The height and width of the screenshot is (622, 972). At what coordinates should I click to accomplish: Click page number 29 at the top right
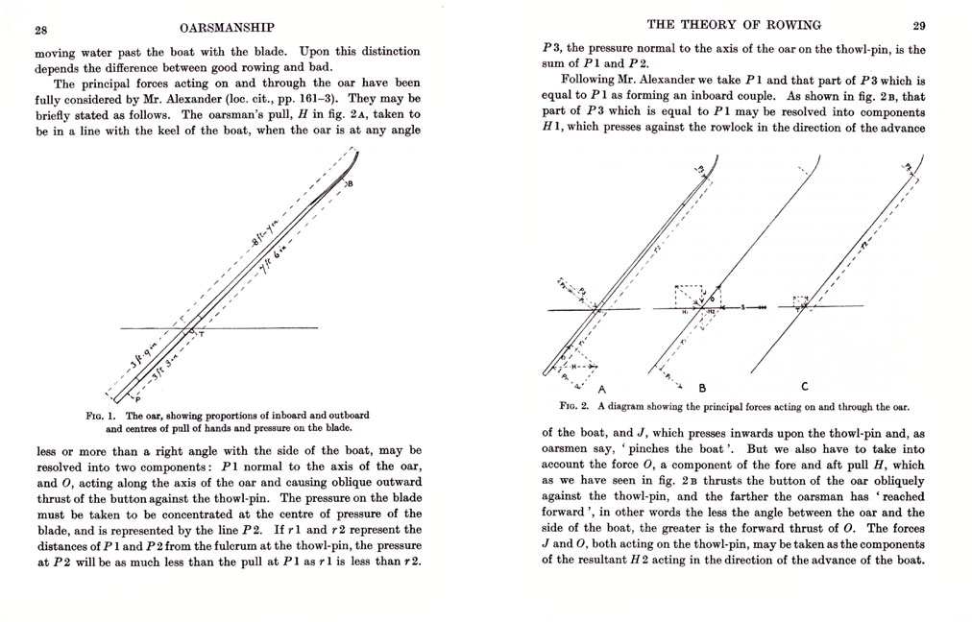918,25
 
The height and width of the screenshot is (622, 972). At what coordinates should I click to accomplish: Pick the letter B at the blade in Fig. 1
349,181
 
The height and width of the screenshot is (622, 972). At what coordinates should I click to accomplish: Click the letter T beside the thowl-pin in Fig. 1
201,333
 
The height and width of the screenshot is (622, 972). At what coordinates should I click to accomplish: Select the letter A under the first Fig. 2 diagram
602,389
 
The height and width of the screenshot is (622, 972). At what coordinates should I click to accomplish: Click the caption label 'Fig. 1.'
99,416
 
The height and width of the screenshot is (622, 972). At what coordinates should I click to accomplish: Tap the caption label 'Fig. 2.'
558,406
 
